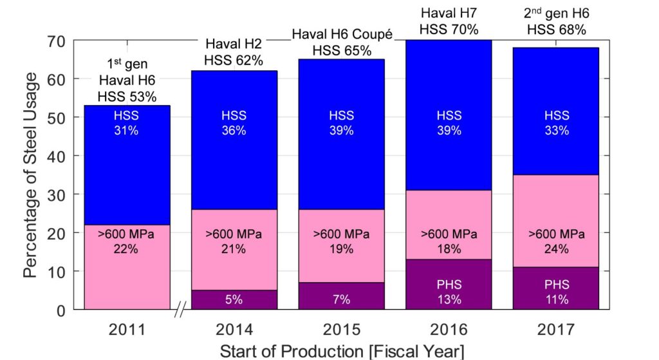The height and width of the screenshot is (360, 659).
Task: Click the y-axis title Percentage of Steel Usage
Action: [x=30, y=175]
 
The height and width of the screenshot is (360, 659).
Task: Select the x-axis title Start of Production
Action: [x=341, y=351]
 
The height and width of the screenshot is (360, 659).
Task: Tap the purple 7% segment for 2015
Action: [x=341, y=299]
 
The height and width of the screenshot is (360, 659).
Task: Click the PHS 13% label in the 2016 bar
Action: [x=449, y=292]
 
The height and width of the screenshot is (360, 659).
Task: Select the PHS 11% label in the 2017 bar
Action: [x=557, y=292]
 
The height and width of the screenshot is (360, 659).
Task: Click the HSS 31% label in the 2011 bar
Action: [x=126, y=122]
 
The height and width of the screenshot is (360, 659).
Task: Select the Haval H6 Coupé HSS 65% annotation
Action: [x=341, y=43]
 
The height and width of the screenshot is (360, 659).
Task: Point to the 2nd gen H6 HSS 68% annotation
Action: [x=557, y=22]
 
